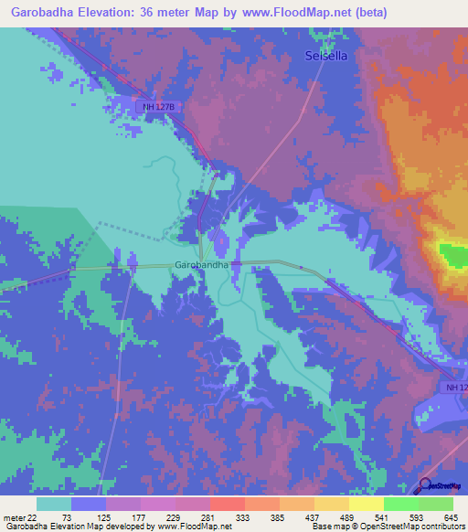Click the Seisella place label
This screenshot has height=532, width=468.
[325, 57]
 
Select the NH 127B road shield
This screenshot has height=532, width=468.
[157, 107]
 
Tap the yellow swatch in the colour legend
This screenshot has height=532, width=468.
[367, 504]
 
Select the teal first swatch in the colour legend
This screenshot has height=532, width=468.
[54, 504]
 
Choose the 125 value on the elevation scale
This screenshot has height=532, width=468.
[105, 517]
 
